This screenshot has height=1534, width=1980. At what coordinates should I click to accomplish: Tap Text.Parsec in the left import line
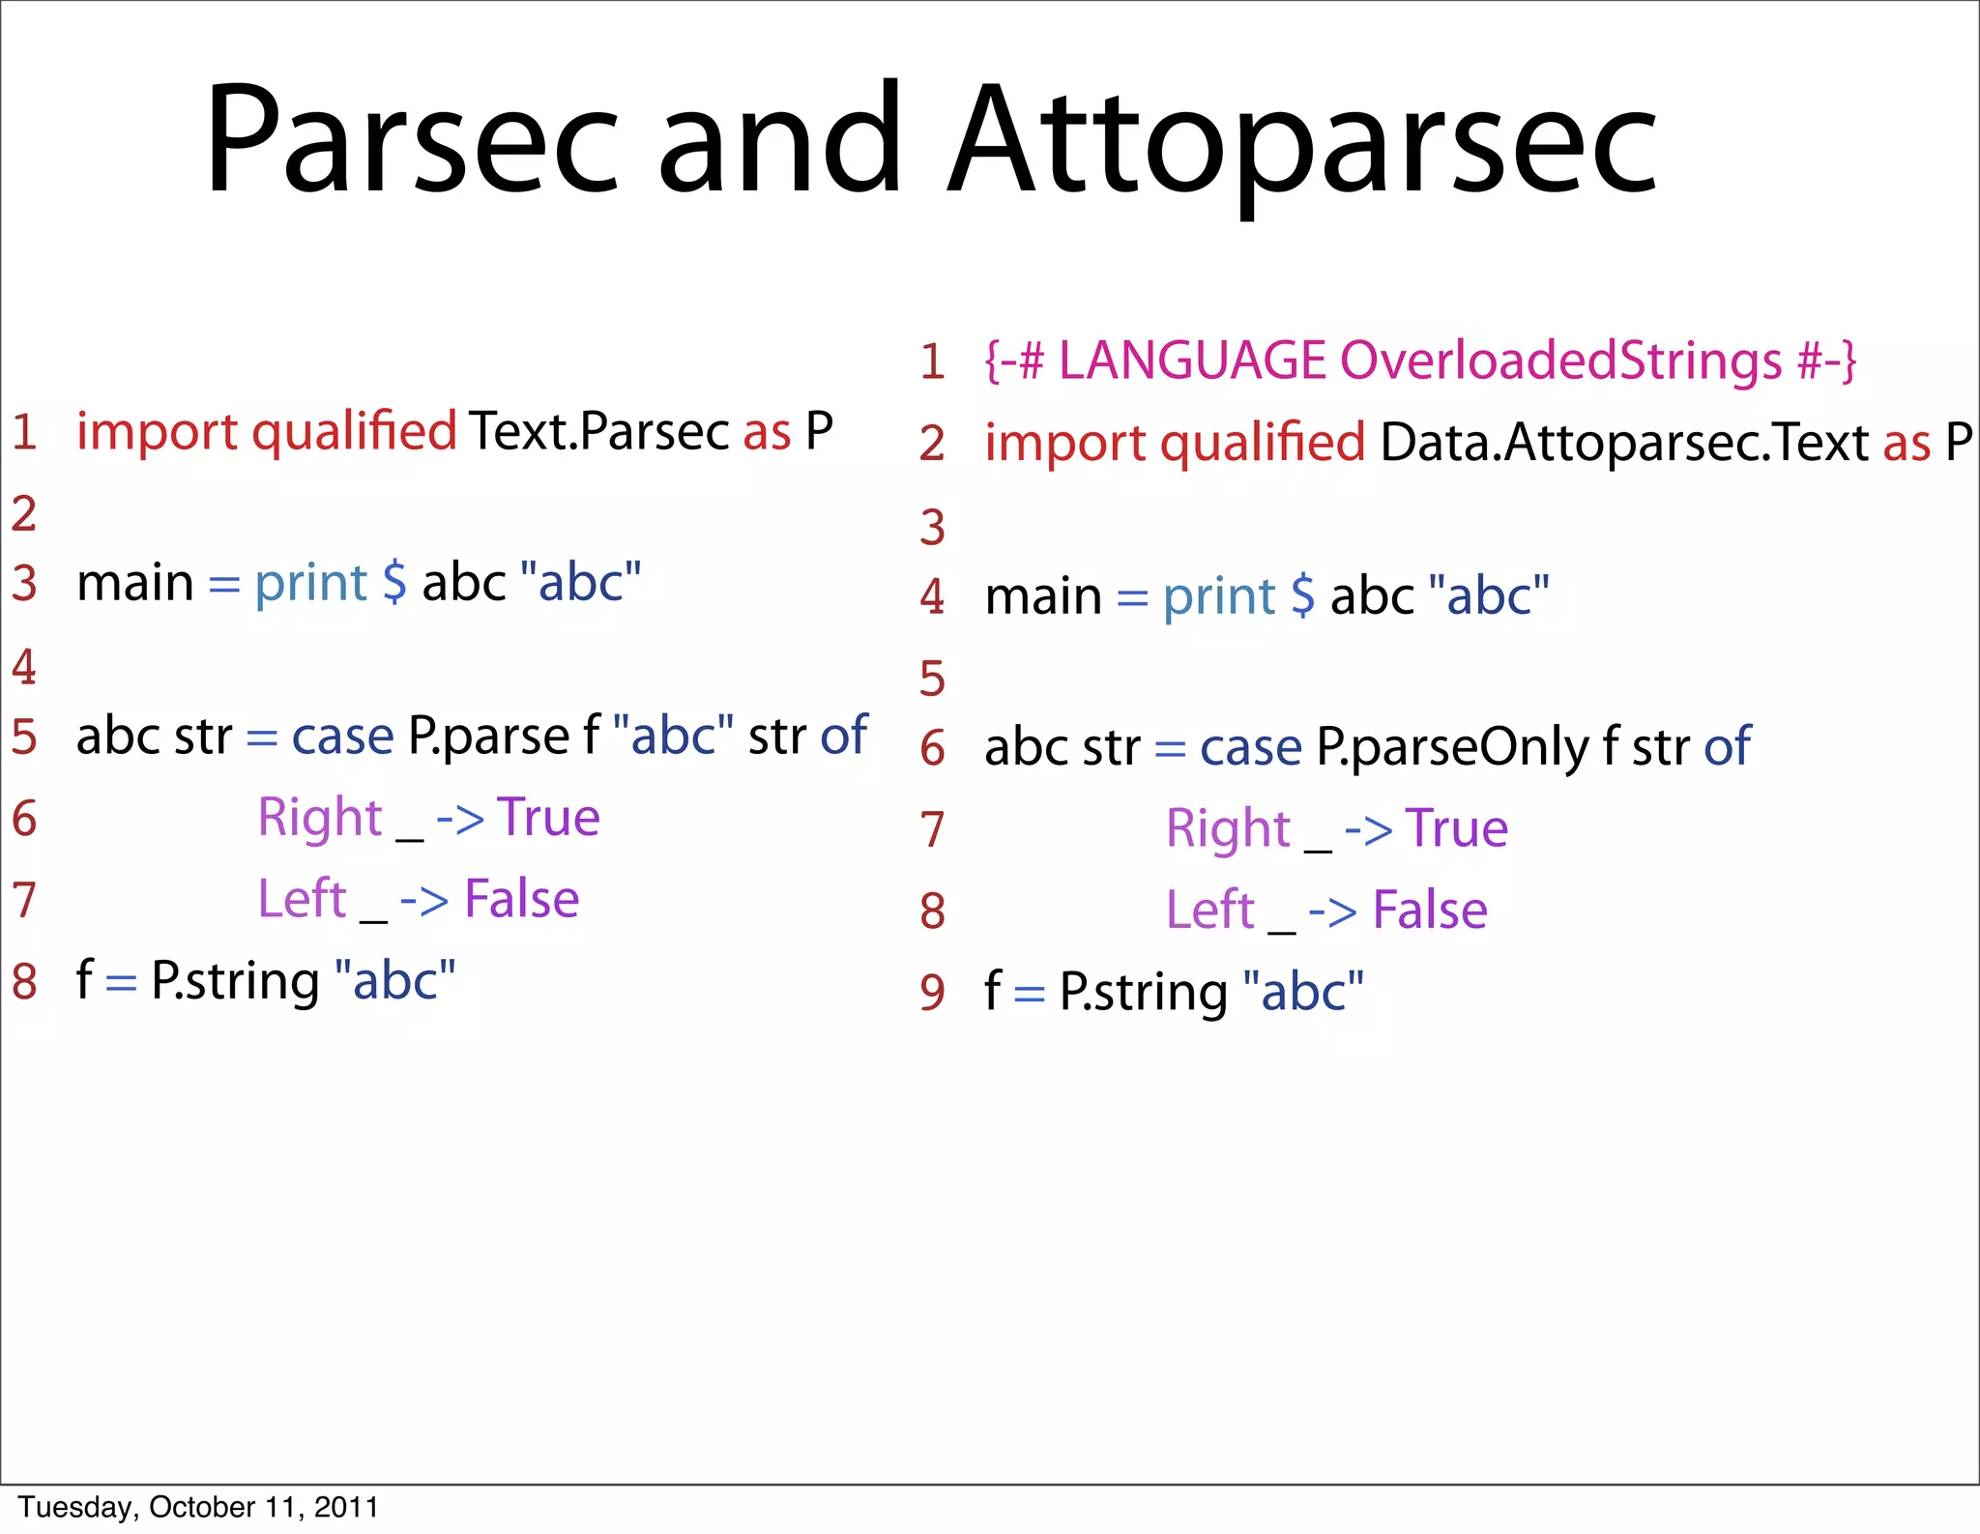pos(599,431)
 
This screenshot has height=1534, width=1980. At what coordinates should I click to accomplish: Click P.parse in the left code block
pos(488,737)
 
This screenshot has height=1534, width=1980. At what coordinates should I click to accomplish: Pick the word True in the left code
pos(548,818)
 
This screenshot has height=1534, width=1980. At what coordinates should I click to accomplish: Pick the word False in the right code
pos(1430,911)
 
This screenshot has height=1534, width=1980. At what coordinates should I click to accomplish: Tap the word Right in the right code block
pos(1228,829)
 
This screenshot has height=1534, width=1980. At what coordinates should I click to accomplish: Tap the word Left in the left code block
pos(302,899)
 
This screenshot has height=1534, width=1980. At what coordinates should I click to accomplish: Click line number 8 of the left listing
pos(24,981)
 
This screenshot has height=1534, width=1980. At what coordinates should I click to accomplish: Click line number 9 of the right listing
pos(933,993)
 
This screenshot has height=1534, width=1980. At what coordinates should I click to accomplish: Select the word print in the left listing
pos(310,583)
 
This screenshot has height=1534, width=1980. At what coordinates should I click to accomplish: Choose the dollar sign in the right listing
pos(1302,595)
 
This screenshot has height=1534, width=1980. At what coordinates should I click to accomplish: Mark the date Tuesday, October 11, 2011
pos(198,1507)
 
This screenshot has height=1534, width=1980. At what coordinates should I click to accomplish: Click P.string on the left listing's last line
pos(235,981)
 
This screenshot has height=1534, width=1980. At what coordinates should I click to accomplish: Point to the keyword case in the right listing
pos(1251,747)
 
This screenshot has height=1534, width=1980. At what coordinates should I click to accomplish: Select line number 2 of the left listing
pos(24,513)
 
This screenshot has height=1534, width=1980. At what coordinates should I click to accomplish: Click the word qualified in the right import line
pos(1263,443)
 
